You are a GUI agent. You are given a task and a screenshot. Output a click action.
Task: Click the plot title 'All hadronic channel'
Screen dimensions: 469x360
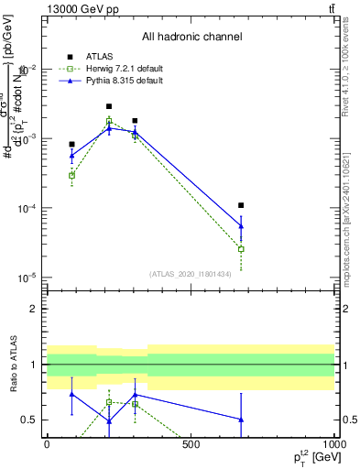pos(191,37)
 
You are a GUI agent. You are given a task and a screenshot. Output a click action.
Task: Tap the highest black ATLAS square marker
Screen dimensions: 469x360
pos(109,106)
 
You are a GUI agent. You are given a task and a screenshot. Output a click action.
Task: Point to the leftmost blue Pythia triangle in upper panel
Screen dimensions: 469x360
pos(71,156)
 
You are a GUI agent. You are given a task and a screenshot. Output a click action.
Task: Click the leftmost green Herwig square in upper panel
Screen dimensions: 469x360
pos(71,175)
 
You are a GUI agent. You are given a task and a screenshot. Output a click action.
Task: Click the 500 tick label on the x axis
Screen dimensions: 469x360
pos(191,444)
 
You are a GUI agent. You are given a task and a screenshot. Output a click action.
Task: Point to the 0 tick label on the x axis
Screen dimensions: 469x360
pos(47,444)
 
